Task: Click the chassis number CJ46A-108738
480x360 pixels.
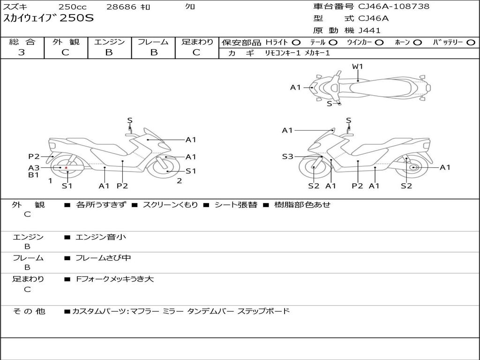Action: click(x=394, y=6)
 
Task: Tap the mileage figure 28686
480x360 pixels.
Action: click(x=121, y=7)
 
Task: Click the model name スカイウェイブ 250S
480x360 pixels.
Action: click(x=48, y=18)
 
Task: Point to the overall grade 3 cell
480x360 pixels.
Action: click(x=22, y=52)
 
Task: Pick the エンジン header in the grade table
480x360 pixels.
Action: click(x=109, y=42)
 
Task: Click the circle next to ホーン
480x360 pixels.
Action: click(x=417, y=43)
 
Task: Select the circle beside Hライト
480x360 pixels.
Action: click(x=296, y=43)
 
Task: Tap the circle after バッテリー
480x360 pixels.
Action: click(x=471, y=43)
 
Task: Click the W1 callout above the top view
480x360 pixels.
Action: click(x=357, y=66)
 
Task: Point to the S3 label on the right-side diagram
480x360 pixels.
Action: click(x=287, y=157)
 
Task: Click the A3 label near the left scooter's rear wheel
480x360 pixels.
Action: click(x=34, y=168)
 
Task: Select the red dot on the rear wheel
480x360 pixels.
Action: click(x=66, y=168)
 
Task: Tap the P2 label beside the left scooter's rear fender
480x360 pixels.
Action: click(x=34, y=157)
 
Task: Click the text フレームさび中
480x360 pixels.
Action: click(x=103, y=258)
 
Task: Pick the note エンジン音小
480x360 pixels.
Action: click(x=101, y=237)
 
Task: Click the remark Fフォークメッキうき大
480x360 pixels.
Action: click(x=115, y=279)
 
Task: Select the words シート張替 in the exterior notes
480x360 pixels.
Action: click(x=236, y=205)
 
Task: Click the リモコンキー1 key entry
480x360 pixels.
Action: click(x=283, y=53)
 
